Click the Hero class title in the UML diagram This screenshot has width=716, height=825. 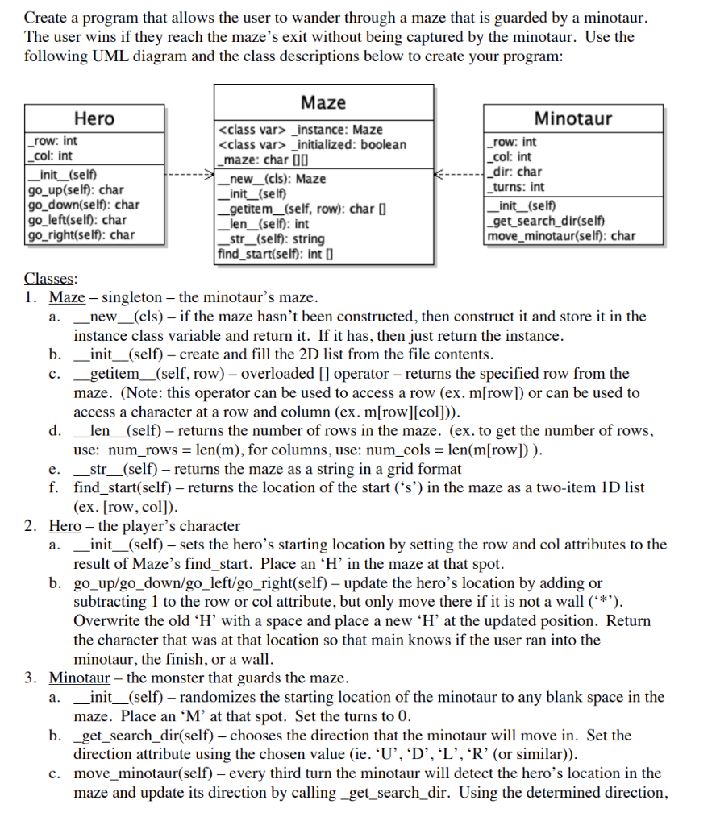click(x=94, y=118)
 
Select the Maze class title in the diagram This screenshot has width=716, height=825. click(x=323, y=102)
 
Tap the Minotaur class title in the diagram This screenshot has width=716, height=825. click(x=572, y=118)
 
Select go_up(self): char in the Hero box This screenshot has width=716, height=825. click(x=76, y=190)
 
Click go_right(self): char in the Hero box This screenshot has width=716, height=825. click(x=81, y=235)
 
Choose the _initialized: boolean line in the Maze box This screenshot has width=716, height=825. click(x=313, y=144)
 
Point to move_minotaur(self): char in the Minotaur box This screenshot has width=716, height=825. click(x=561, y=236)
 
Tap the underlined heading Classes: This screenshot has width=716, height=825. click(x=51, y=279)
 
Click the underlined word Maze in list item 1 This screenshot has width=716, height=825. click(x=68, y=297)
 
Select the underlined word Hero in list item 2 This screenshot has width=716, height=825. click(x=65, y=526)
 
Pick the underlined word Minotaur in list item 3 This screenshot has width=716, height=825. click(x=80, y=678)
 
